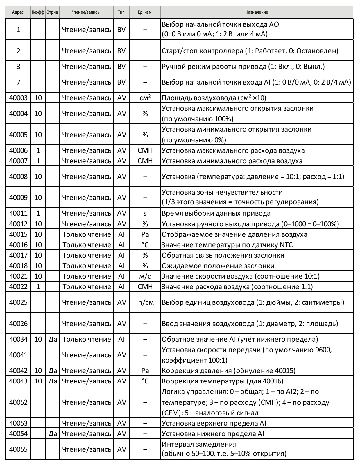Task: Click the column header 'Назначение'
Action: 257,12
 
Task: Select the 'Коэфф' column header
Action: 38,12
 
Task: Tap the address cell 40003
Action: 18,98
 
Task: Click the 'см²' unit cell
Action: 145,98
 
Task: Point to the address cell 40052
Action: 18,402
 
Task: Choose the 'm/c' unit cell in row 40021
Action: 145,276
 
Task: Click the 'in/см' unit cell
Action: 145,302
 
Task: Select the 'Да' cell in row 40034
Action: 53,339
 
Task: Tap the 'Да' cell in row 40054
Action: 53,434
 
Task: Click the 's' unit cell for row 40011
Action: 145,213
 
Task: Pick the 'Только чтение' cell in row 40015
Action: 87,234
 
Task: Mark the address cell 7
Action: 18,82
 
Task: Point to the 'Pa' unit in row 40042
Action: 145,371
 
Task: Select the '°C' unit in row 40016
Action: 145,245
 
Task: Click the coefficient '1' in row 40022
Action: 38,287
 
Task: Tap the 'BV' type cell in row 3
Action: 121,67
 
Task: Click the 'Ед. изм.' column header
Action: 145,12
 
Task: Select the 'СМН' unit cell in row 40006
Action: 145,150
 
